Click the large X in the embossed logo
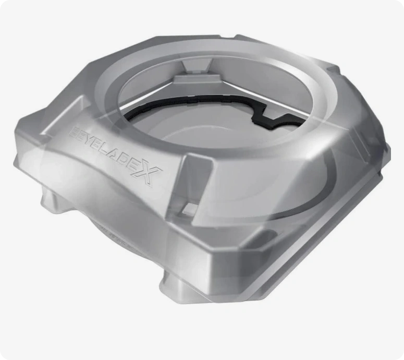tap(148, 172)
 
